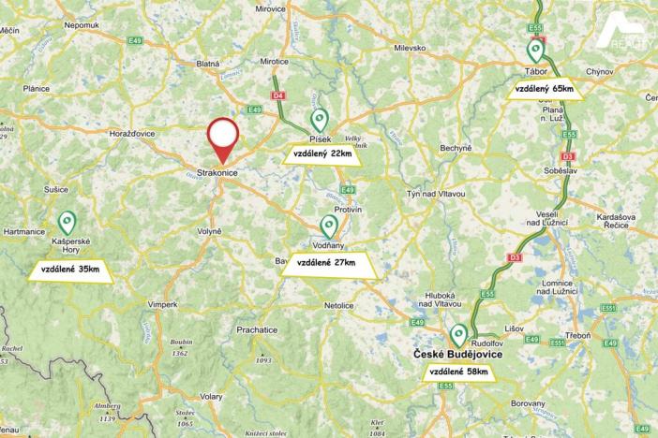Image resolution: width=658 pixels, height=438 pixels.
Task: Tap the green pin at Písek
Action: [320, 119]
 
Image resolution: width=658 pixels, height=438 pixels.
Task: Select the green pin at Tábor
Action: [535, 51]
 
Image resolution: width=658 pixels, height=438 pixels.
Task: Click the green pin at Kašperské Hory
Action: [67, 222]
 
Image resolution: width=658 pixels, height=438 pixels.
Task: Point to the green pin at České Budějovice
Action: [458, 334]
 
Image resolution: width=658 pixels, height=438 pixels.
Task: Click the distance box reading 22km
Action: [321, 153]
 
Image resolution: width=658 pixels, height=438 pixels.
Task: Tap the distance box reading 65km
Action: [545, 89]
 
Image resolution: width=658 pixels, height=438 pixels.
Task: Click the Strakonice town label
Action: [217, 173]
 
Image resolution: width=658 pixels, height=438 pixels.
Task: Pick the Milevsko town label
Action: [410, 47]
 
